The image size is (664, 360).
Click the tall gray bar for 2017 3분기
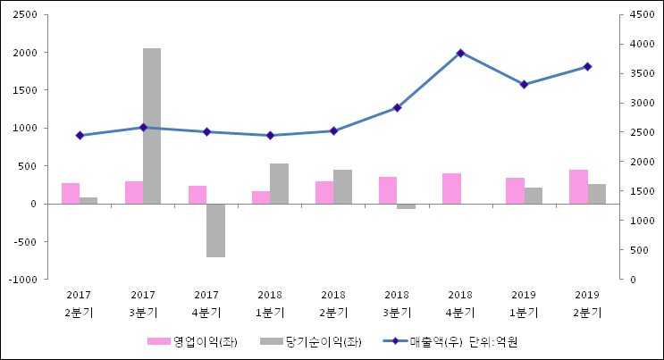pos(152,125)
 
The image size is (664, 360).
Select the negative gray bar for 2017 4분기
pos(215,230)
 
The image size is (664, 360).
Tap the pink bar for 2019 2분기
pos(578,187)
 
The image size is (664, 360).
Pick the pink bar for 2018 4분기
pos(451,188)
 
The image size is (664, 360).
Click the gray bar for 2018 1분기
pos(279,183)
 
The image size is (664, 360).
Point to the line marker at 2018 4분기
pos(460,54)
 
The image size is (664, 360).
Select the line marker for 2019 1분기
pos(524,85)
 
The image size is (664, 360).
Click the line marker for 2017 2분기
pos(80,136)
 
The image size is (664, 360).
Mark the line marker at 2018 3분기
pos(397,108)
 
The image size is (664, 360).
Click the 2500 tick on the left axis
pos(24,15)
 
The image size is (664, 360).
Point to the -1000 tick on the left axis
pos(22,280)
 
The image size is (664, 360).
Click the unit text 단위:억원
pos(493,341)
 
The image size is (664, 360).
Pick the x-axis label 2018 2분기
pos(333,304)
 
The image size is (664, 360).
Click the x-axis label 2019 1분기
pos(524,304)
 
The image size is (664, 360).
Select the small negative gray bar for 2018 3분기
pos(406,206)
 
